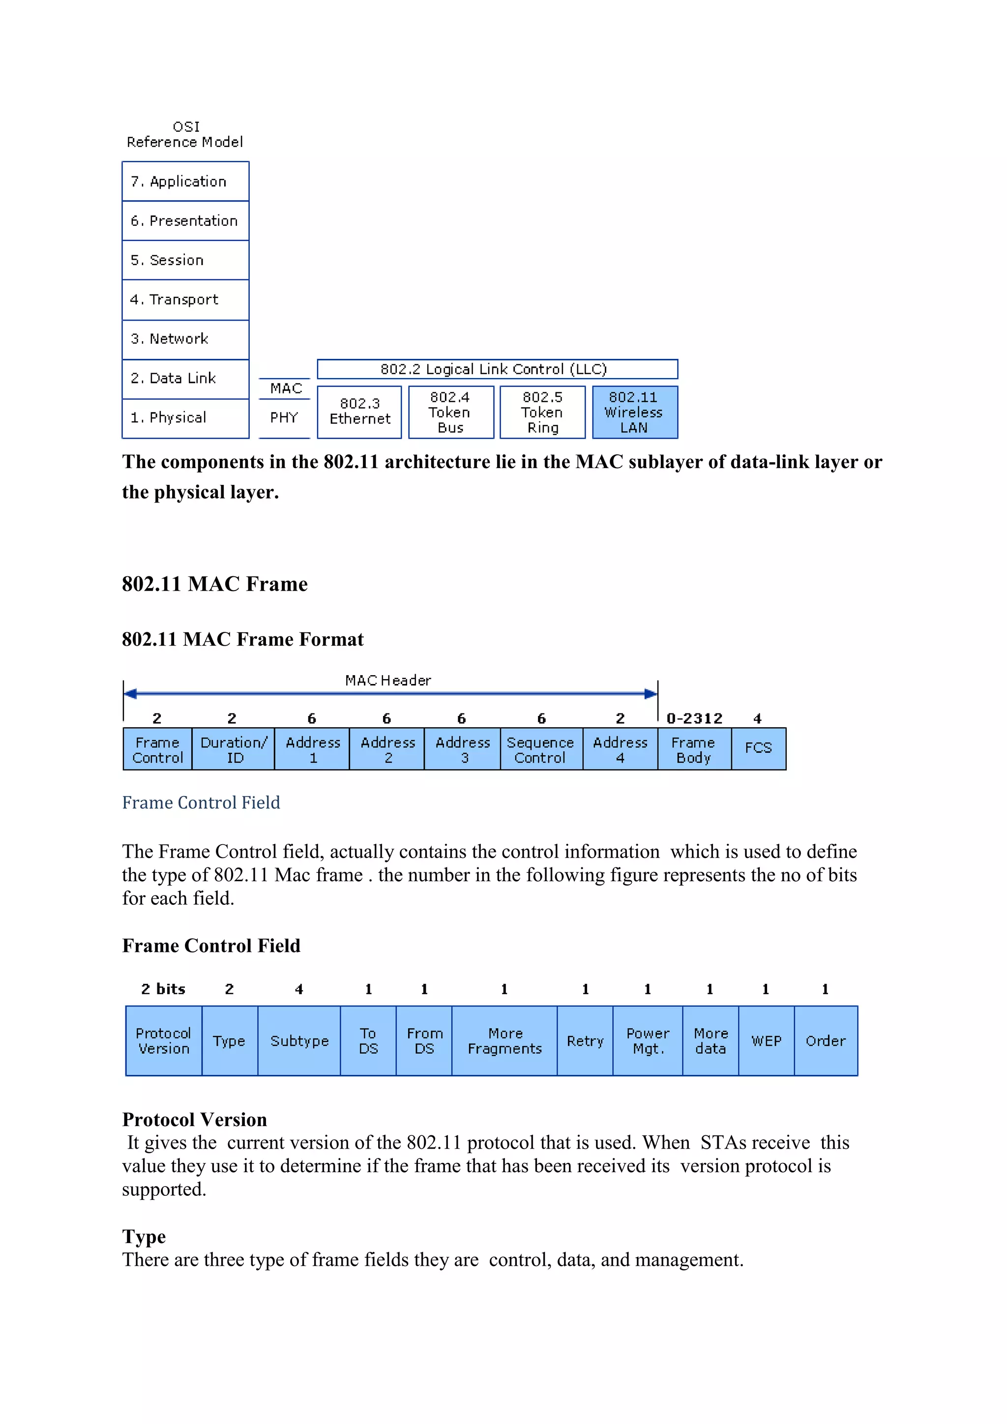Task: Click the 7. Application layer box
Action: [x=185, y=182]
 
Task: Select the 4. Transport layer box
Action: [x=185, y=299]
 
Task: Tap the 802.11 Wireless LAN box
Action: [x=634, y=413]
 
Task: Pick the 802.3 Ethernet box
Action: [x=359, y=412]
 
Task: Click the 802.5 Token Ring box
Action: [x=542, y=413]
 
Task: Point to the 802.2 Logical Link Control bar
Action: [x=497, y=369]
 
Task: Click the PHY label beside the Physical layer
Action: [x=284, y=417]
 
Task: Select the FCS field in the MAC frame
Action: [x=758, y=748]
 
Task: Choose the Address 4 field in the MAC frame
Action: [x=620, y=750]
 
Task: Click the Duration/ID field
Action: [x=234, y=750]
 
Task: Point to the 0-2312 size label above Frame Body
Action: [x=694, y=718]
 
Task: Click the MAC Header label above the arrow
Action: [x=388, y=681]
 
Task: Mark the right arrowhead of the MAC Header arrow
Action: [x=651, y=693]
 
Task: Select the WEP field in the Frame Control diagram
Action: [x=767, y=1041]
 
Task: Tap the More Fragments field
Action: [x=505, y=1041]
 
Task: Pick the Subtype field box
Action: [x=299, y=1041]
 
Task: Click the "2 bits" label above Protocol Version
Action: [x=163, y=989]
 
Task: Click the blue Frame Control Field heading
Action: [x=201, y=802]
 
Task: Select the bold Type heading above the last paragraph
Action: [x=144, y=1236]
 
